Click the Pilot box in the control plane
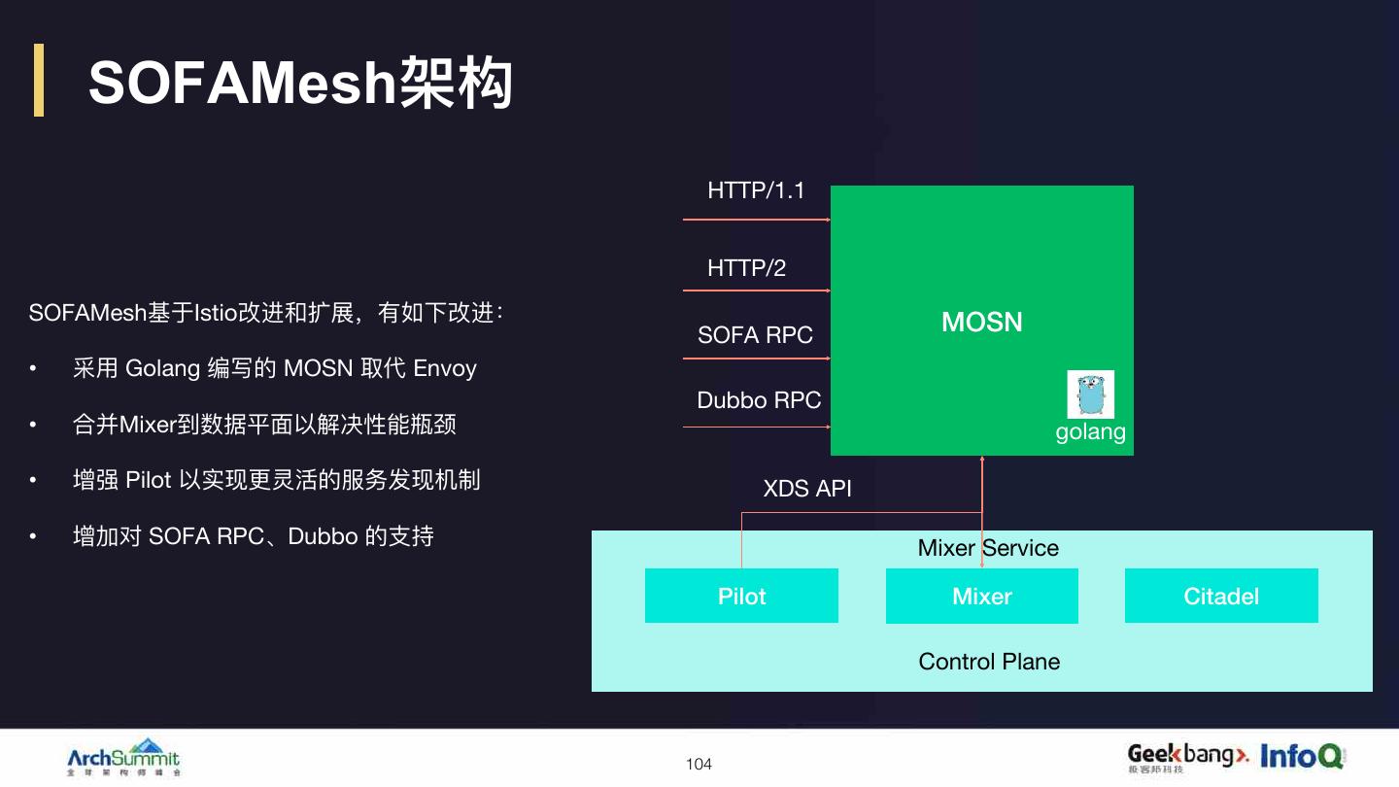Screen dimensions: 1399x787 point(741,596)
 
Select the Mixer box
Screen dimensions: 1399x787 point(981,596)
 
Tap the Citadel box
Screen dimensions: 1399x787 point(1221,596)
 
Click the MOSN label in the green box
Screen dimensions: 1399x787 point(982,322)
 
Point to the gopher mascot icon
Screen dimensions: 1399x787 point(1090,394)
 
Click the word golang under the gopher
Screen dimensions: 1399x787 point(1090,431)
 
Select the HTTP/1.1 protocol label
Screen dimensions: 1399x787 point(756,190)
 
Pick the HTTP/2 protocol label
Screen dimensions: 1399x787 point(746,268)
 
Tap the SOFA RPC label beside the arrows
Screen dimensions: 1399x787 point(755,335)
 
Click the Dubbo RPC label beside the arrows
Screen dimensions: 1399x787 point(759,400)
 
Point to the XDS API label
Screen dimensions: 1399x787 point(807,488)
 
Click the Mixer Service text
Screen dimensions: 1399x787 point(988,548)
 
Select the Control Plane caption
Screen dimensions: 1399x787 point(989,662)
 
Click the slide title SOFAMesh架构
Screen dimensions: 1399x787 point(300,83)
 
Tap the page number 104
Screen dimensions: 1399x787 point(699,765)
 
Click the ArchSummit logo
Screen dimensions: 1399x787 point(123,757)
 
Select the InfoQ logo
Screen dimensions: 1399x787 point(1302,755)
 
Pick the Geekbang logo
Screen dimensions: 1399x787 point(1187,756)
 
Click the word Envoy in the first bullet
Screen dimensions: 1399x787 point(445,368)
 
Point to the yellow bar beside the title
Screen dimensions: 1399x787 point(39,80)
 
